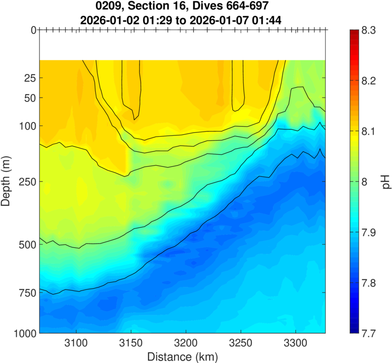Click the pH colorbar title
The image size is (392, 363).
tap(386, 182)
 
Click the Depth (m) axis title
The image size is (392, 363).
tap(7, 182)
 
